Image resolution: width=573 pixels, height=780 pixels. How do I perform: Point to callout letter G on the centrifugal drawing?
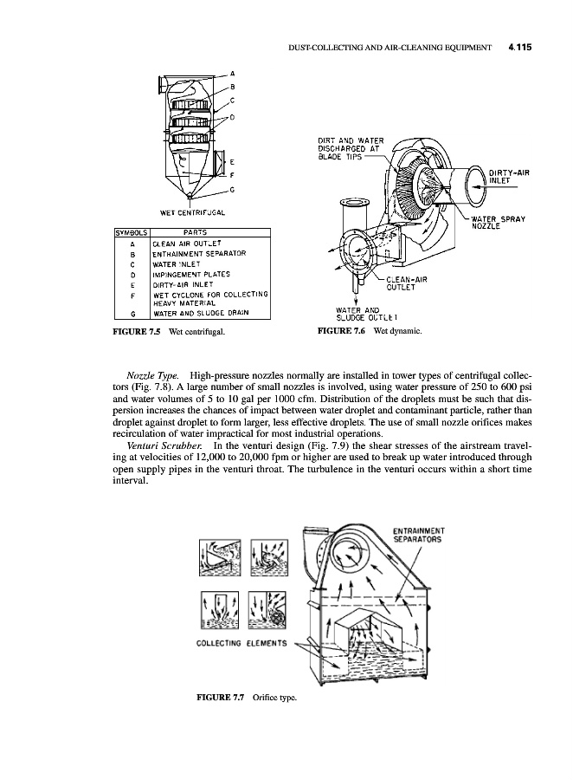click(x=234, y=188)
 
